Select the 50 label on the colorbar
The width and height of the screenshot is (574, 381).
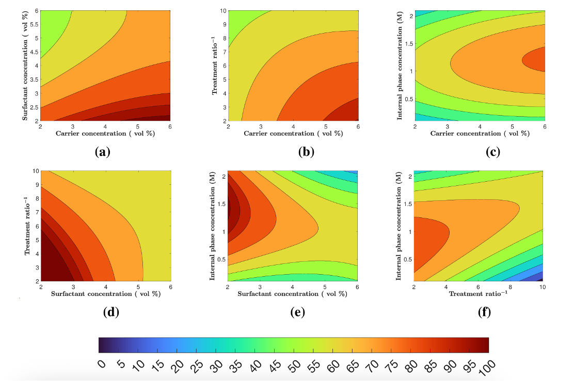point(292,365)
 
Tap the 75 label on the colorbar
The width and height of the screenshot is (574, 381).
point(389,365)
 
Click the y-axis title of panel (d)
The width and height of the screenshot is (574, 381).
point(25,226)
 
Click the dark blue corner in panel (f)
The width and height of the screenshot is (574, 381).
point(540,279)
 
